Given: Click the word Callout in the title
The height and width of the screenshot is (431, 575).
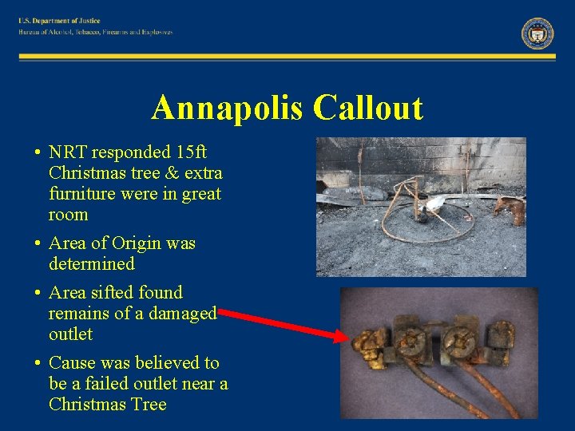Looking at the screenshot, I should pyautogui.click(x=368, y=108).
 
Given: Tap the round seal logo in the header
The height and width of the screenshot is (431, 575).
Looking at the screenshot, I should pyautogui.click(x=537, y=33).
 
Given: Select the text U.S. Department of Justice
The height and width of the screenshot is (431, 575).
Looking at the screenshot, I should pyautogui.click(x=61, y=21).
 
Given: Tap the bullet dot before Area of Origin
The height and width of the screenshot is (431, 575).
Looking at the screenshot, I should pyautogui.click(x=38, y=243).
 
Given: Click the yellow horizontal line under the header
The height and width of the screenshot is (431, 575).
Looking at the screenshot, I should pyautogui.click(x=287, y=57).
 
